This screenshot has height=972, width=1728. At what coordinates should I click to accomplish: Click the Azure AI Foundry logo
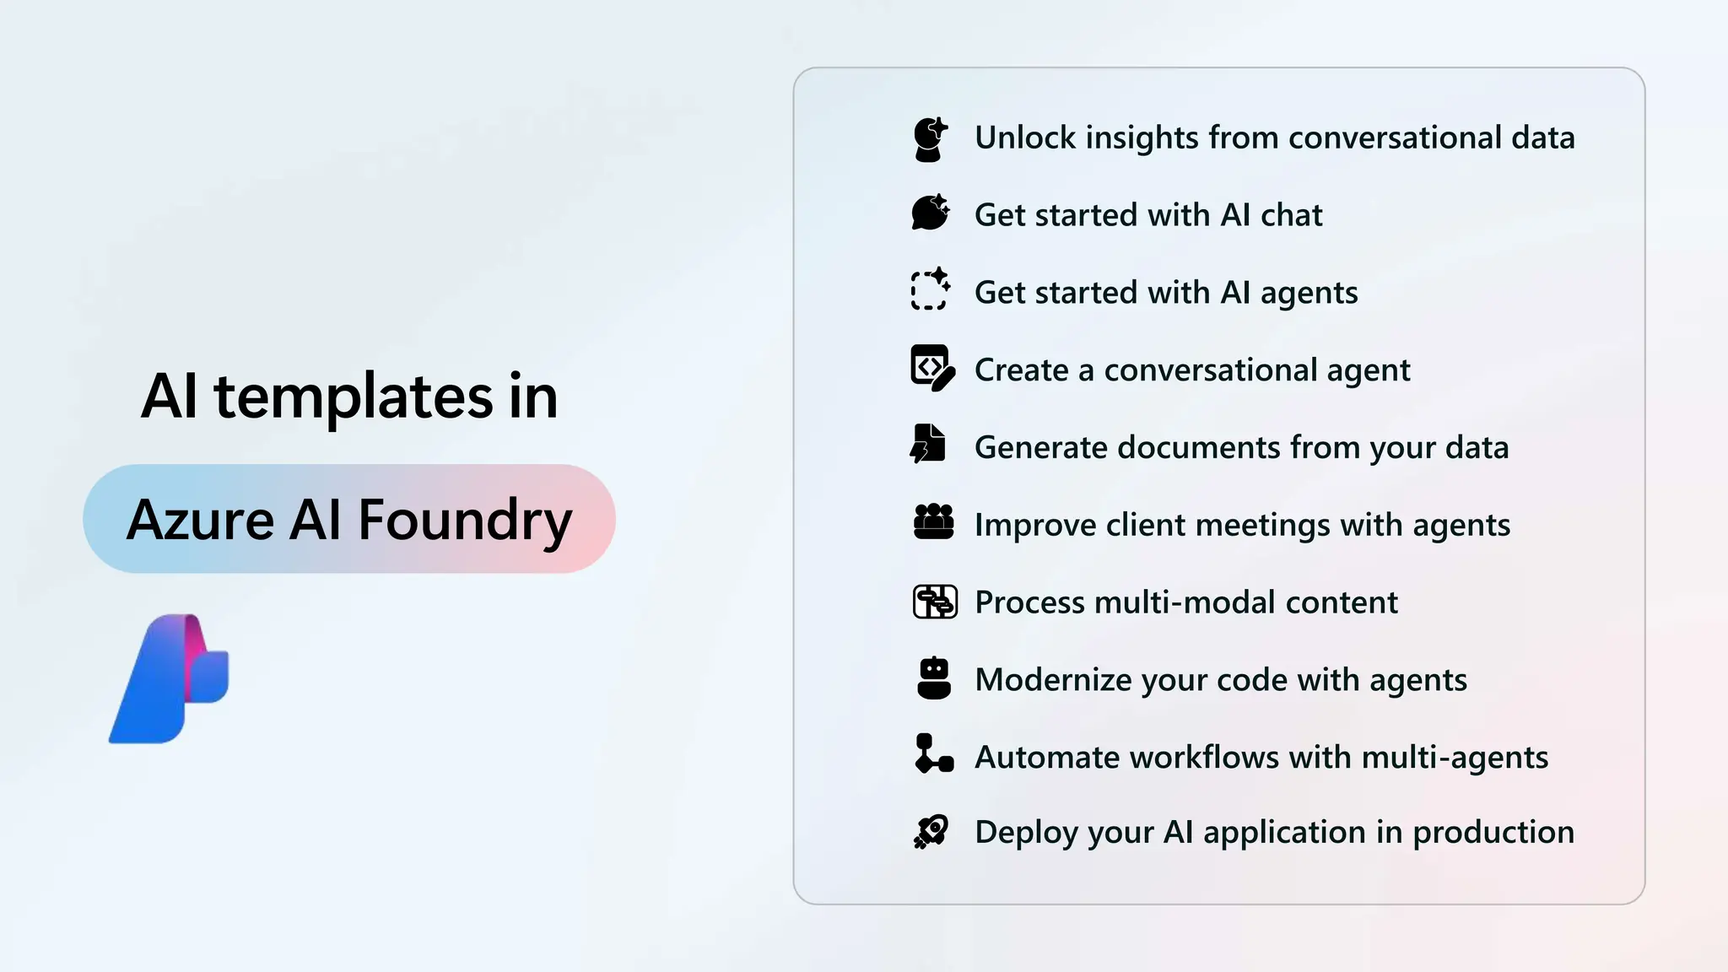[x=170, y=678]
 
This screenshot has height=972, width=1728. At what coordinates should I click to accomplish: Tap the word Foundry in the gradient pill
[x=465, y=520]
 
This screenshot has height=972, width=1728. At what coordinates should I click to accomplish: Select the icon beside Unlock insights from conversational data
[x=931, y=139]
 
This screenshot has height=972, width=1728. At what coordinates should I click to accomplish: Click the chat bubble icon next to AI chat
[x=931, y=213]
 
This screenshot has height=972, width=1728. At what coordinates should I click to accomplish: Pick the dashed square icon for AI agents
[x=931, y=290]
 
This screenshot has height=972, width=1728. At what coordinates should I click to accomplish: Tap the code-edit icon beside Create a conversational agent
[x=932, y=368]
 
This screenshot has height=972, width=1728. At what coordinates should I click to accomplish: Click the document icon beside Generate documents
[x=929, y=444]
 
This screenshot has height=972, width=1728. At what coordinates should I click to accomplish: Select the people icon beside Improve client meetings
[x=933, y=522]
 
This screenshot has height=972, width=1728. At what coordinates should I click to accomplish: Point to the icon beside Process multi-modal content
[x=935, y=602]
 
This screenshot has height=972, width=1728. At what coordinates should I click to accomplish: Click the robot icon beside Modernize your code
[x=933, y=678]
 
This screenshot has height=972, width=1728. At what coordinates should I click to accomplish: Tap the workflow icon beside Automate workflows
[x=933, y=753]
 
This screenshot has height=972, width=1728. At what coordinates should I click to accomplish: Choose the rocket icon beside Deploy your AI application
[x=931, y=831]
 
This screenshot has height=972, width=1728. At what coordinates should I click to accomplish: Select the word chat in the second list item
[x=1291, y=215]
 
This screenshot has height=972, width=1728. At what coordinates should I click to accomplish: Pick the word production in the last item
[x=1493, y=832]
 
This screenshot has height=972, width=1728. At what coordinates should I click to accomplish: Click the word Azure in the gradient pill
[x=201, y=520]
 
